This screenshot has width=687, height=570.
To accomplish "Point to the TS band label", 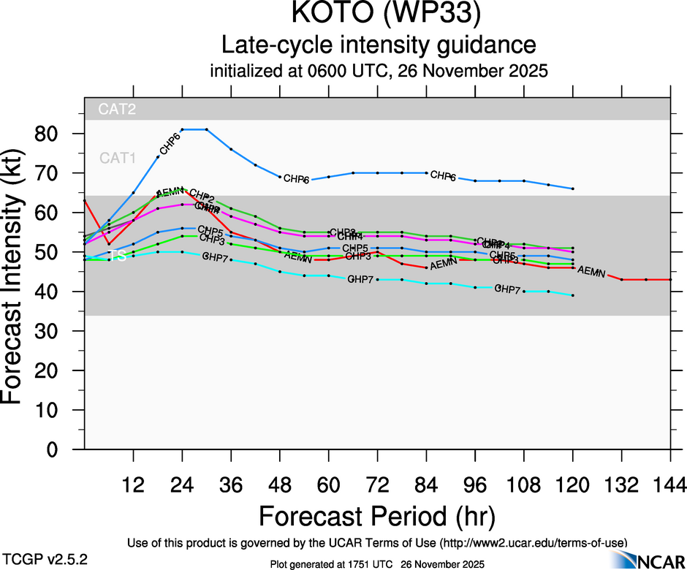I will coord(117,256).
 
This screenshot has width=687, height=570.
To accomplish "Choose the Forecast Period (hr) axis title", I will coord(377,516).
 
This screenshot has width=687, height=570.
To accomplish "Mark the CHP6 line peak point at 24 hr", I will coord(182,129).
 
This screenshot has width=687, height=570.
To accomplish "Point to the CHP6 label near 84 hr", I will coord(443,176).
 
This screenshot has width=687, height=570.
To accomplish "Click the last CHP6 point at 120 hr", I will coord(573,189).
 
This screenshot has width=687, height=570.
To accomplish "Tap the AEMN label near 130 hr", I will coord(591,272).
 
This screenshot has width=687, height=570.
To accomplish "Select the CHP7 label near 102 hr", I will coord(508,289).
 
